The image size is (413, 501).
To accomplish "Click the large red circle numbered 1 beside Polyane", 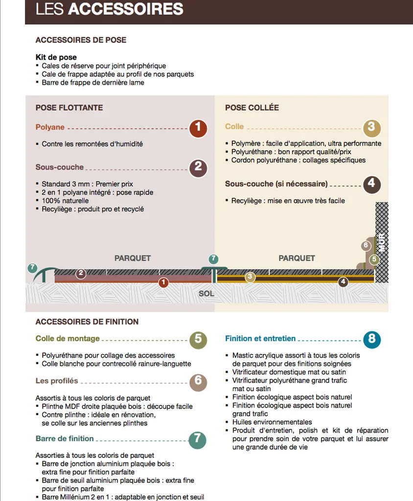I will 198,128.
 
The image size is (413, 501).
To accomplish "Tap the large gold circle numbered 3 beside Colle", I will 371,128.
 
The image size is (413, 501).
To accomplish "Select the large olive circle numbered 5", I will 198,339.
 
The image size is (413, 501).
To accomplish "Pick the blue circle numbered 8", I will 372,339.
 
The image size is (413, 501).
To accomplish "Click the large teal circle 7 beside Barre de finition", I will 198,440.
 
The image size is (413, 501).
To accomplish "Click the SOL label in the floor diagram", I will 206,294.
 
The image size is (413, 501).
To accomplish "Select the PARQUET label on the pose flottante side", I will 133,258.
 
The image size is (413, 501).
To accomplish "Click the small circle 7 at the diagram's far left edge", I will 32,268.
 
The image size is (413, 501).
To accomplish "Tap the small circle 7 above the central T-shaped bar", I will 213,259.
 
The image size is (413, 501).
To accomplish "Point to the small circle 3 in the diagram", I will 250,277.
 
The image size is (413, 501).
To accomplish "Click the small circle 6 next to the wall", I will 366,246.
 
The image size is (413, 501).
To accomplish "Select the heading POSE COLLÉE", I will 252,108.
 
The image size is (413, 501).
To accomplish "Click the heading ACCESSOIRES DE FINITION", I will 87,321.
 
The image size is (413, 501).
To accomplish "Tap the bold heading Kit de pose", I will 56,57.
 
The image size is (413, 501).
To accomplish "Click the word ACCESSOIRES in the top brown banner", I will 125,9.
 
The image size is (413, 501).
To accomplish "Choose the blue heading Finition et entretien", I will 260,338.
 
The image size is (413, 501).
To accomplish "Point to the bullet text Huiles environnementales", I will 272,422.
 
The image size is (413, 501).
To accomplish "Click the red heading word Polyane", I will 50,127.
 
